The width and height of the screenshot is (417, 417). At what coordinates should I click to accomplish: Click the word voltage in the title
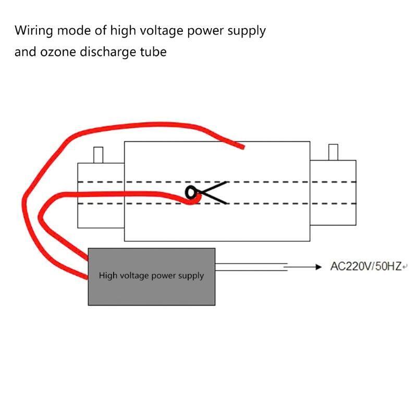(162, 31)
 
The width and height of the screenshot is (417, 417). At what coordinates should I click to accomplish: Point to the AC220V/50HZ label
(366, 266)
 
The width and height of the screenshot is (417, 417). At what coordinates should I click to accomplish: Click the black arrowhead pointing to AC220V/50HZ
(318, 267)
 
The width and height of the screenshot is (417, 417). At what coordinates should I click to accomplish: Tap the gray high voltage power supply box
(152, 277)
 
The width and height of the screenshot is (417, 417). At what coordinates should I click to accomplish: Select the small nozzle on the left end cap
(98, 155)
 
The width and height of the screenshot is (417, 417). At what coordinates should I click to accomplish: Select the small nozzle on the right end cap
(333, 152)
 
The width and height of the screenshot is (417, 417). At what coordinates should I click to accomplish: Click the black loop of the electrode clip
(191, 192)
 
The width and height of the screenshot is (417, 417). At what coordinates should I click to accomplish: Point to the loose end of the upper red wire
(242, 147)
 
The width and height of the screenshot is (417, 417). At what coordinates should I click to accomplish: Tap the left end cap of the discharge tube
(101, 195)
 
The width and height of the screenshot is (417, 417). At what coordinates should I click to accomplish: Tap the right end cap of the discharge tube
(333, 193)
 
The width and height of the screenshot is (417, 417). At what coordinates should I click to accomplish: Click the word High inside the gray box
(105, 275)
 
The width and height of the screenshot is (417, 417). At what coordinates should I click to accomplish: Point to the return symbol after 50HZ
(405, 267)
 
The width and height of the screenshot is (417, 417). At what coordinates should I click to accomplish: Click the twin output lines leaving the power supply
(251, 267)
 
